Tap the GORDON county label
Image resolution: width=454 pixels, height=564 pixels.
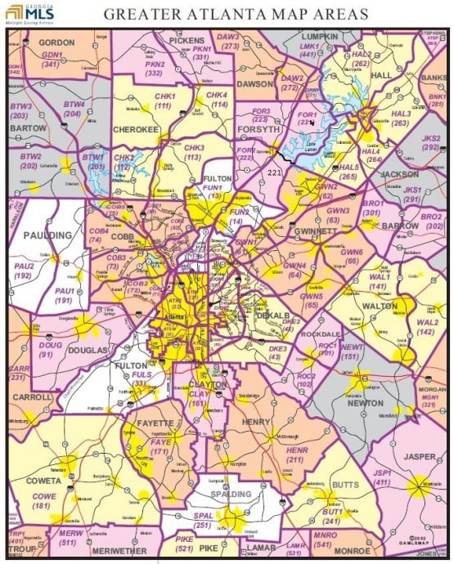tap(52, 42)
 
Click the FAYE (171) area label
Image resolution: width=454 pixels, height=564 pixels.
tap(159, 446)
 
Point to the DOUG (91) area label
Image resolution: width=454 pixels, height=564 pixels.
tap(50, 351)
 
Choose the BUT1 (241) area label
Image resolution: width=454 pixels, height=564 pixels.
tap(331, 516)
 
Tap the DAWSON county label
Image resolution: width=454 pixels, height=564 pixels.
tap(254, 83)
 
